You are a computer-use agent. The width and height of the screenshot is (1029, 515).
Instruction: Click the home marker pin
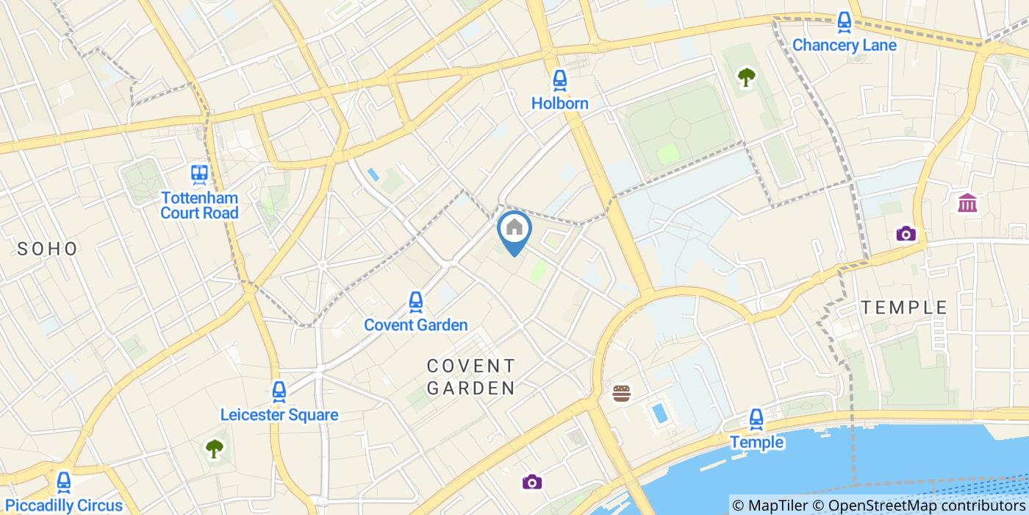pos(514,228)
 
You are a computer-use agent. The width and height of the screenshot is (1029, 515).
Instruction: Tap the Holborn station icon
pos(560,79)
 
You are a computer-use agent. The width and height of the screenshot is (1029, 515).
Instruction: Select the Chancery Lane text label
pos(844,45)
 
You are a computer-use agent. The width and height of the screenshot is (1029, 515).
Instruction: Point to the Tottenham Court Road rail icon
pos(199,174)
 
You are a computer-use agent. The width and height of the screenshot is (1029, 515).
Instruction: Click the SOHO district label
pos(48,249)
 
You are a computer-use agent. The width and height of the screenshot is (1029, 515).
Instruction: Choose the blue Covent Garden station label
pos(416,324)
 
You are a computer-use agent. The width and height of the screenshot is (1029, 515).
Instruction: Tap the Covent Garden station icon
pos(416,301)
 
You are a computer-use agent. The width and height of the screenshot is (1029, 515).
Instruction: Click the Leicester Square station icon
pos(279,391)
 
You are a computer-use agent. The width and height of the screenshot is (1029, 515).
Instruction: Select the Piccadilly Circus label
pos(64,505)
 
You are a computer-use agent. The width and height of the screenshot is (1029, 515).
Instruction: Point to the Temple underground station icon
pos(756,419)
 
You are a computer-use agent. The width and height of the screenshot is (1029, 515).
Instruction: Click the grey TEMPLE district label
pos(904,308)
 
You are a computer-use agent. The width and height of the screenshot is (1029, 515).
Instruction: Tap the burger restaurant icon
pos(622,394)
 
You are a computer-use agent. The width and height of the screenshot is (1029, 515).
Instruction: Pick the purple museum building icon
pos(967,203)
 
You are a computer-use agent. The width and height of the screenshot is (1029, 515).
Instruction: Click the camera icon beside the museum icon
pos(906,234)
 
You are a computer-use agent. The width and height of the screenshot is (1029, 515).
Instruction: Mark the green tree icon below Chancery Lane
pos(747,76)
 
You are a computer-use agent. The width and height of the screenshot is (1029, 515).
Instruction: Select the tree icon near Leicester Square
pos(214,447)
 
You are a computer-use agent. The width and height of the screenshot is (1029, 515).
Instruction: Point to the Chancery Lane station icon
pos(844,21)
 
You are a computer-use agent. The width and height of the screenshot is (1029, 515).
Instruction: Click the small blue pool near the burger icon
pos(659,413)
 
